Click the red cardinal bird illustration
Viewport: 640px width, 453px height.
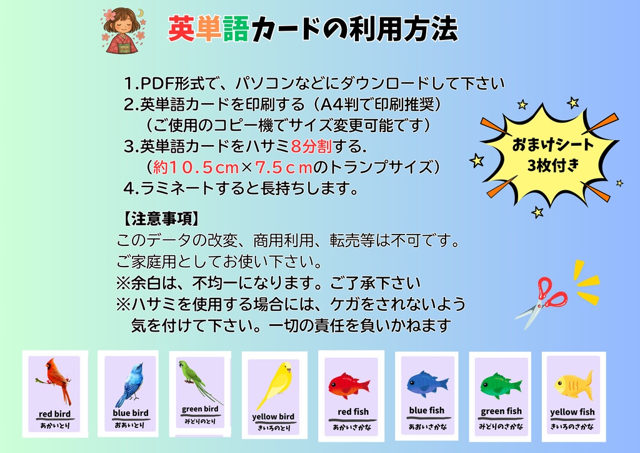pyautogui.click(x=56, y=380)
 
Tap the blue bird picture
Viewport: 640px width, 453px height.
pyautogui.click(x=130, y=383)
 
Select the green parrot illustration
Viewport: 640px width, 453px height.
pyautogui.click(x=198, y=380)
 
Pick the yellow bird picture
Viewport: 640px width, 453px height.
pyautogui.click(x=276, y=385)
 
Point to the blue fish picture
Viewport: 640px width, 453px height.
pyautogui.click(x=427, y=383)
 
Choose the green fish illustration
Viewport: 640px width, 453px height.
pyautogui.click(x=501, y=385)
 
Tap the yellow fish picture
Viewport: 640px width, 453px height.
pyautogui.click(x=573, y=384)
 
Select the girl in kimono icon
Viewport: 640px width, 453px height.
pyautogui.click(x=124, y=29)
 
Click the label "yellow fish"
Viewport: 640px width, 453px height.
pyautogui.click(x=572, y=412)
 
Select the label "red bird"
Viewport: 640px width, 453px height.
pyautogui.click(x=54, y=414)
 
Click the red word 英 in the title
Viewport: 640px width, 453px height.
pyautogui.click(x=181, y=29)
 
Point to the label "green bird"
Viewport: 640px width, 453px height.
pyautogui.click(x=200, y=409)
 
